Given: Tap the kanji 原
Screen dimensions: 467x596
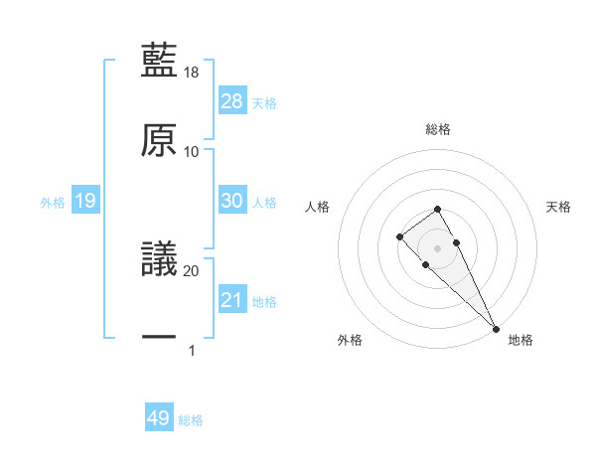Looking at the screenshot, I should click(x=160, y=138).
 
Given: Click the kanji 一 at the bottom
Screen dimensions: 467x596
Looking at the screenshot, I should click(x=160, y=338).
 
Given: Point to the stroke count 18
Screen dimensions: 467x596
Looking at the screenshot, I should click(x=192, y=73).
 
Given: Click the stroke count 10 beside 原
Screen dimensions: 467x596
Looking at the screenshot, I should click(x=192, y=152).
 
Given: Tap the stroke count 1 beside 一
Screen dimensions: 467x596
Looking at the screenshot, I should click(x=192, y=351).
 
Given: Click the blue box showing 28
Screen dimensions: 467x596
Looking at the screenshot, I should click(x=232, y=101).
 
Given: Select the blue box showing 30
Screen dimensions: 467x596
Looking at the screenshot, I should click(x=232, y=201).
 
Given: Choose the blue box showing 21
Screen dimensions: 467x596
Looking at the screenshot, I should click(x=232, y=300).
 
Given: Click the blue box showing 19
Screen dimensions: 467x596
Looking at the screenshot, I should click(x=85, y=201).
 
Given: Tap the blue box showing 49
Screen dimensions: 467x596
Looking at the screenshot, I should click(x=159, y=418).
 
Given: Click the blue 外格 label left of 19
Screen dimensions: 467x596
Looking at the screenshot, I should click(x=53, y=203).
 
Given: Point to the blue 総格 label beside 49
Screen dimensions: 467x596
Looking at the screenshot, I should click(x=191, y=420).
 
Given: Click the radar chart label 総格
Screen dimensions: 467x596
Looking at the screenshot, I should click(x=438, y=129).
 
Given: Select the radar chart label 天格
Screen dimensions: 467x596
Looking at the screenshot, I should click(x=559, y=207).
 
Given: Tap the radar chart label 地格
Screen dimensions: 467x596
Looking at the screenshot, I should click(x=521, y=340).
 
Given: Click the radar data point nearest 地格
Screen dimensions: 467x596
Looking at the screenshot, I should click(x=496, y=327).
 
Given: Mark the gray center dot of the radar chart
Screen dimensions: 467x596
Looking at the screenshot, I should click(x=438, y=248).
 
